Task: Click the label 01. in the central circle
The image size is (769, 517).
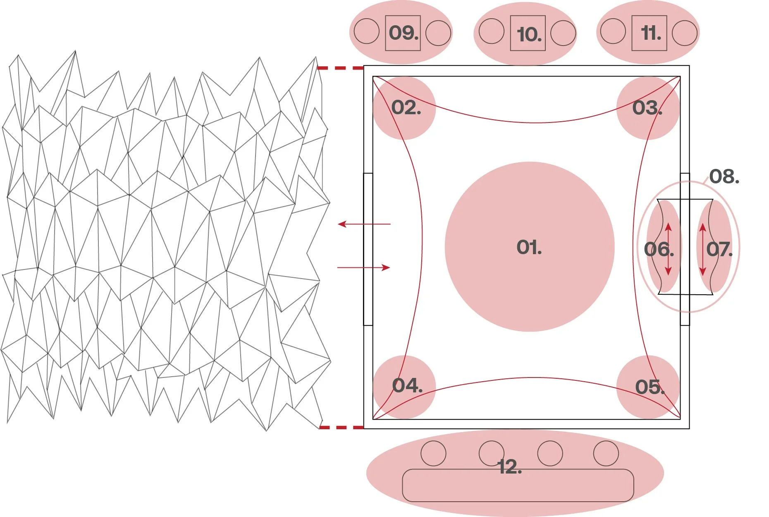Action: [x=529, y=248]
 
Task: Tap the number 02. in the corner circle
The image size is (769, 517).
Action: [x=406, y=108]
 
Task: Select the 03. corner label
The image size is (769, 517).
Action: [x=647, y=108]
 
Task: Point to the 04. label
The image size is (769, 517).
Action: [x=407, y=386]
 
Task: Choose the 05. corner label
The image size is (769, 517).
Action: [x=650, y=387]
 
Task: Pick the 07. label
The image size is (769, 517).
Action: [x=719, y=249]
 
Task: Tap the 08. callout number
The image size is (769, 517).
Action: [x=724, y=177]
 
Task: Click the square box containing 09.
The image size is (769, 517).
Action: [x=403, y=33]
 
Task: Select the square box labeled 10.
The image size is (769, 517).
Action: [x=528, y=34]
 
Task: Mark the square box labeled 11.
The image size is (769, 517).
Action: [x=649, y=33]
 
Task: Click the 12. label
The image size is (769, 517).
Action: [x=510, y=467]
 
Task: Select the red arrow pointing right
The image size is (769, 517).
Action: [x=364, y=268]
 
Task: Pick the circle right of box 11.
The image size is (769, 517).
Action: [x=685, y=33]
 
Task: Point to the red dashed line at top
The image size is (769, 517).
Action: [x=340, y=68]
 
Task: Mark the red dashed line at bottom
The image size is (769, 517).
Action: [x=341, y=427]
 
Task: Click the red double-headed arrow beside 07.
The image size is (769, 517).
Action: [x=702, y=249]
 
